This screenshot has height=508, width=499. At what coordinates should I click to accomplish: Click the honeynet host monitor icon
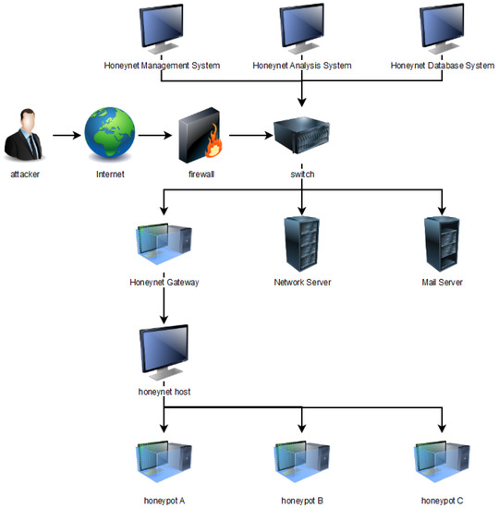click(164, 354)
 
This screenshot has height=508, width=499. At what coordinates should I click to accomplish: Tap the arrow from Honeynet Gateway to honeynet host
click(164, 304)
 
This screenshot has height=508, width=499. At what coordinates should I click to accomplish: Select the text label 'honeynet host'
click(164, 393)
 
